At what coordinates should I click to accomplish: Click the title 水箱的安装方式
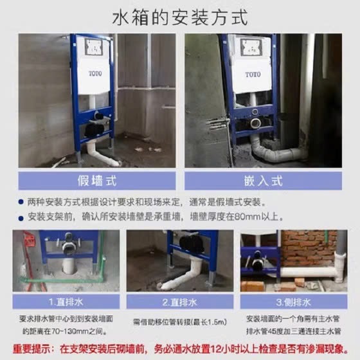pos(180,17)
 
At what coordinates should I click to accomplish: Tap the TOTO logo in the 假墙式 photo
pos(95,74)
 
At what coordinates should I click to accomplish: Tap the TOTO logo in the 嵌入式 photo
pos(253,75)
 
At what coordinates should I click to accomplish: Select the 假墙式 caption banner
pos(97,181)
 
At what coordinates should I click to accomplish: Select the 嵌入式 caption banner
pos(263,181)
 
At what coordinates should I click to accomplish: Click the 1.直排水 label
pos(66,302)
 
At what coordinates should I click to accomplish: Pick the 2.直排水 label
pos(180,302)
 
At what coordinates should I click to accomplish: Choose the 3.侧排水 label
pos(294,302)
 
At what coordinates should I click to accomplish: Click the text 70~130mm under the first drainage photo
pos(70,332)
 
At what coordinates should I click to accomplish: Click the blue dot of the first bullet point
pos(21,202)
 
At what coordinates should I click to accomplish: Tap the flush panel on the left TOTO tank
pos(93,47)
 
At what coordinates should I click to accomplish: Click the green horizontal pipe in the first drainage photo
pos(62,280)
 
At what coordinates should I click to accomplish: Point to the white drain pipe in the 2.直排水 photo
pos(181,276)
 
